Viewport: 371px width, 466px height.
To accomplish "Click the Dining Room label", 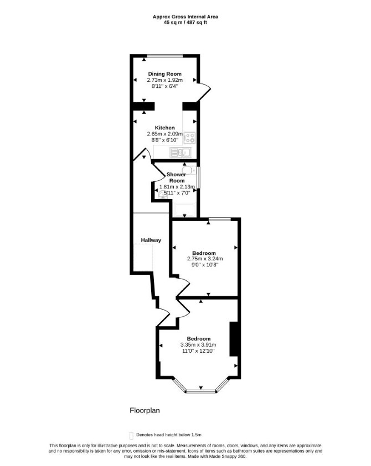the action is pyautogui.click(x=164, y=74).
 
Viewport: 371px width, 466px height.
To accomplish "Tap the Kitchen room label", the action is pyautogui.click(x=164, y=128).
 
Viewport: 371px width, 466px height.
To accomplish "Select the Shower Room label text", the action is pyautogui.click(x=176, y=177).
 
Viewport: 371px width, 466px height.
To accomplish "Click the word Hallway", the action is pyautogui.click(x=151, y=240).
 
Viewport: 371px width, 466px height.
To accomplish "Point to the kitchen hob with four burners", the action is pyautogui.click(x=189, y=137).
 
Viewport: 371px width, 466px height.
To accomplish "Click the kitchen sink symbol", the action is pyautogui.click(x=181, y=153).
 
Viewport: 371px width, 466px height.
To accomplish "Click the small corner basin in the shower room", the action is pyautogui.click(x=162, y=195).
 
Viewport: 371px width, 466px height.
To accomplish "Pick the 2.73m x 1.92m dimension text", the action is pyautogui.click(x=164, y=80).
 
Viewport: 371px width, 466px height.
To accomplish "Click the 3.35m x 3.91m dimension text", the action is pyautogui.click(x=198, y=345).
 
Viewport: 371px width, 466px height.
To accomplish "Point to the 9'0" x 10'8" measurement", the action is pyautogui.click(x=205, y=265).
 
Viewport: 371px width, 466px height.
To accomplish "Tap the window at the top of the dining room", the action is pyautogui.click(x=165, y=56).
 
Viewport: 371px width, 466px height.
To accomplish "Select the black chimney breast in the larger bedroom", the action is pyautogui.click(x=234, y=339).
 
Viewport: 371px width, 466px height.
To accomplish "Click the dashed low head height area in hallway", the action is pyautogui.click(x=143, y=258).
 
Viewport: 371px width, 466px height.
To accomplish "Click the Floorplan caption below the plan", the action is pyautogui.click(x=145, y=410).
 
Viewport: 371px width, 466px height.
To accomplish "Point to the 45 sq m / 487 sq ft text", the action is pyautogui.click(x=185, y=22).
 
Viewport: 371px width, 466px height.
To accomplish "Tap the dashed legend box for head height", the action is pyautogui.click(x=131, y=436).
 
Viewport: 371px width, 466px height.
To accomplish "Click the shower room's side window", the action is pyautogui.click(x=198, y=177).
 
